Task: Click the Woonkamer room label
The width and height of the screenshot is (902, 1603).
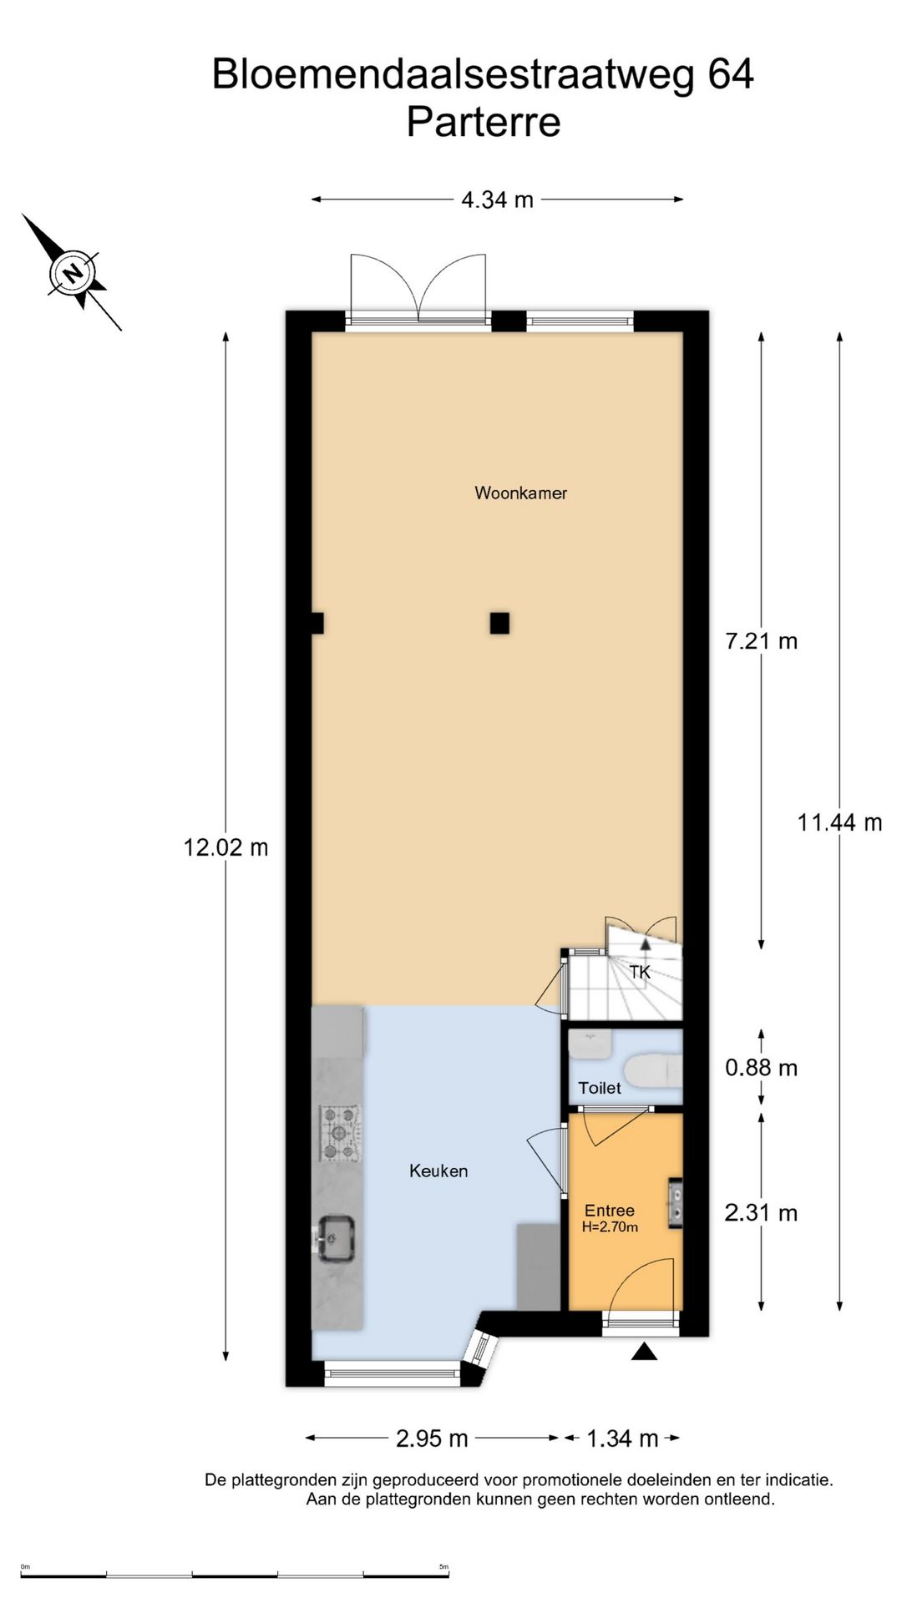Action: tap(520, 493)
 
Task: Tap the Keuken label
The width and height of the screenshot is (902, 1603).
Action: tap(438, 1171)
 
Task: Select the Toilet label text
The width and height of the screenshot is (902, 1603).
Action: tap(600, 1088)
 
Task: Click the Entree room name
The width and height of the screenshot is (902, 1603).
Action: tap(610, 1210)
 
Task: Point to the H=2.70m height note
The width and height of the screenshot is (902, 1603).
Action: tap(610, 1226)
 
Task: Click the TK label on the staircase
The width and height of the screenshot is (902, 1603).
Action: tap(640, 972)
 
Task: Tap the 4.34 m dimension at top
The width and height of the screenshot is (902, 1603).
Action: tap(497, 200)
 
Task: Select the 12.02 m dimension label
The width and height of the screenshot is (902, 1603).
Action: tap(225, 847)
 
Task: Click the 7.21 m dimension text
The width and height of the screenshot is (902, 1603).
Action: tap(762, 640)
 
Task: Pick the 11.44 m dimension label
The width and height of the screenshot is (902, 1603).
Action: tap(839, 822)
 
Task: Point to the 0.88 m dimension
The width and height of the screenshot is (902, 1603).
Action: tap(762, 1067)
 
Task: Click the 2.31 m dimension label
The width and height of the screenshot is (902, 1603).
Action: tap(762, 1212)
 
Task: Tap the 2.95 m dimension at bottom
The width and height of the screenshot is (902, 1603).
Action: tap(432, 1439)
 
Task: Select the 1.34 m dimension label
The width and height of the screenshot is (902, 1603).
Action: tap(622, 1439)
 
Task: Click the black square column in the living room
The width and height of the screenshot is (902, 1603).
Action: tap(499, 623)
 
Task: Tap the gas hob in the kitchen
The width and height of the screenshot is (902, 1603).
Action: tap(341, 1134)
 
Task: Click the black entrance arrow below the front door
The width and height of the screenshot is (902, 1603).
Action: tap(644, 1351)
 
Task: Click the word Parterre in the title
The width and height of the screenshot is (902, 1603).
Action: tap(484, 122)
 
